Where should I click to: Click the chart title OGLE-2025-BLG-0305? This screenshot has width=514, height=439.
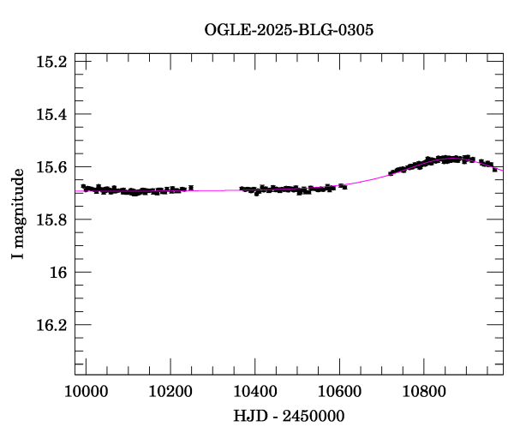coord(289,30)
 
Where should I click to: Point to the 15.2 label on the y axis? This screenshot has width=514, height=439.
coord(51,62)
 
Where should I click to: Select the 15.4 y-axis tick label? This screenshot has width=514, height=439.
coord(51,114)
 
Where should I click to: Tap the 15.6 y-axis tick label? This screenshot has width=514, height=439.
coord(51,167)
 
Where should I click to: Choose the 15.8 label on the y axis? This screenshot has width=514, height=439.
coord(51,219)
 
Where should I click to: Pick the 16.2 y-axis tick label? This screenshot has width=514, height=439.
coord(51,325)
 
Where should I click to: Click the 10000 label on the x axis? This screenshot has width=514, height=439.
coord(86,392)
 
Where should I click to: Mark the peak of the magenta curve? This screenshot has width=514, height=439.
coord(452,159)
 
